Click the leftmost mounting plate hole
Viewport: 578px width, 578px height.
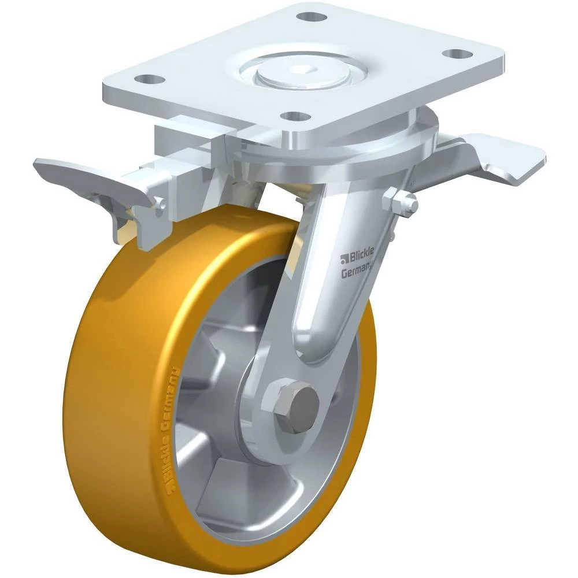point(149,79)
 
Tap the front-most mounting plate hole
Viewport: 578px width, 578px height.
point(295,116)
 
